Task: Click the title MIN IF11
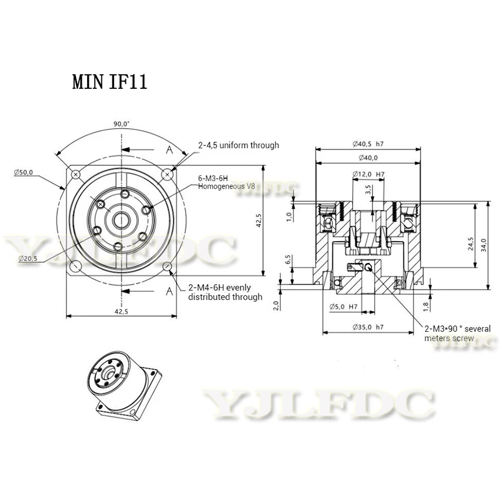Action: pyautogui.click(x=109, y=82)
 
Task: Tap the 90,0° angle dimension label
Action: pyautogui.click(x=122, y=124)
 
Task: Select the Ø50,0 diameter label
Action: pyautogui.click(x=24, y=172)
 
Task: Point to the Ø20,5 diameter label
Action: pyautogui.click(x=28, y=258)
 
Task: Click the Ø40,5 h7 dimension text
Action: pyautogui.click(x=368, y=144)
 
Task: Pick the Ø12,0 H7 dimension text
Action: pyautogui.click(x=368, y=174)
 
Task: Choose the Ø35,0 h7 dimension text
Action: pyautogui.click(x=368, y=327)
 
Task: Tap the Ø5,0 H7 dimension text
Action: pyautogui.click(x=344, y=306)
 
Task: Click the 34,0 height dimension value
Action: pyautogui.click(x=484, y=245)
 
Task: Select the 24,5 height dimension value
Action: pyautogui.click(x=471, y=244)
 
